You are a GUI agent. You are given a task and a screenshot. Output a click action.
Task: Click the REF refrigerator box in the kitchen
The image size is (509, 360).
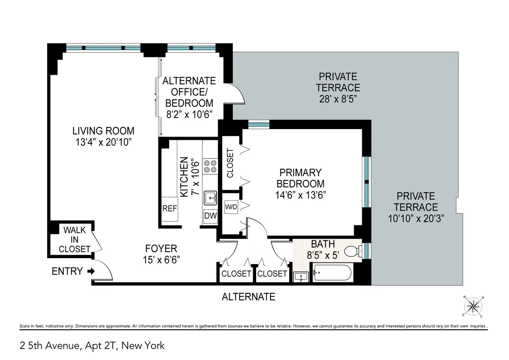[x=170, y=209]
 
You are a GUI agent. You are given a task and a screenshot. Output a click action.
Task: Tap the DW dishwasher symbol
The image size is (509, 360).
[x=210, y=216]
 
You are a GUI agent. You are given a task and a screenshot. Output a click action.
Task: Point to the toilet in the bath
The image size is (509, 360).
[x=352, y=251]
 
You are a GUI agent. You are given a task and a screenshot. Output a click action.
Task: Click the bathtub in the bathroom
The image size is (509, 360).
[x=332, y=273]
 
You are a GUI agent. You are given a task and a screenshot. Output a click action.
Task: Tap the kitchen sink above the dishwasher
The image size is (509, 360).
[x=210, y=198]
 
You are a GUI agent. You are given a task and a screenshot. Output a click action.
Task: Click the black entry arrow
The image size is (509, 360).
[x=90, y=271]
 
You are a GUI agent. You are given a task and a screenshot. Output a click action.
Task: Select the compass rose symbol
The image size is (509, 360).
[x=473, y=306]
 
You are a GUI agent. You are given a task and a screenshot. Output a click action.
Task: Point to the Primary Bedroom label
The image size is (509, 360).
[x=300, y=178]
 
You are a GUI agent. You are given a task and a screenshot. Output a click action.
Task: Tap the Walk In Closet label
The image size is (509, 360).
[x=75, y=239]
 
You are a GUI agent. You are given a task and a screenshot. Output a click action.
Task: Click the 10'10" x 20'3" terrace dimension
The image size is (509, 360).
[x=415, y=219]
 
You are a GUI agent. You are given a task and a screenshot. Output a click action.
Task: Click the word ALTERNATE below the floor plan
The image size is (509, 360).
[x=249, y=297]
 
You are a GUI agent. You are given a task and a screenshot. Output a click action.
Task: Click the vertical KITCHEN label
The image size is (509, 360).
[x=184, y=177]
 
